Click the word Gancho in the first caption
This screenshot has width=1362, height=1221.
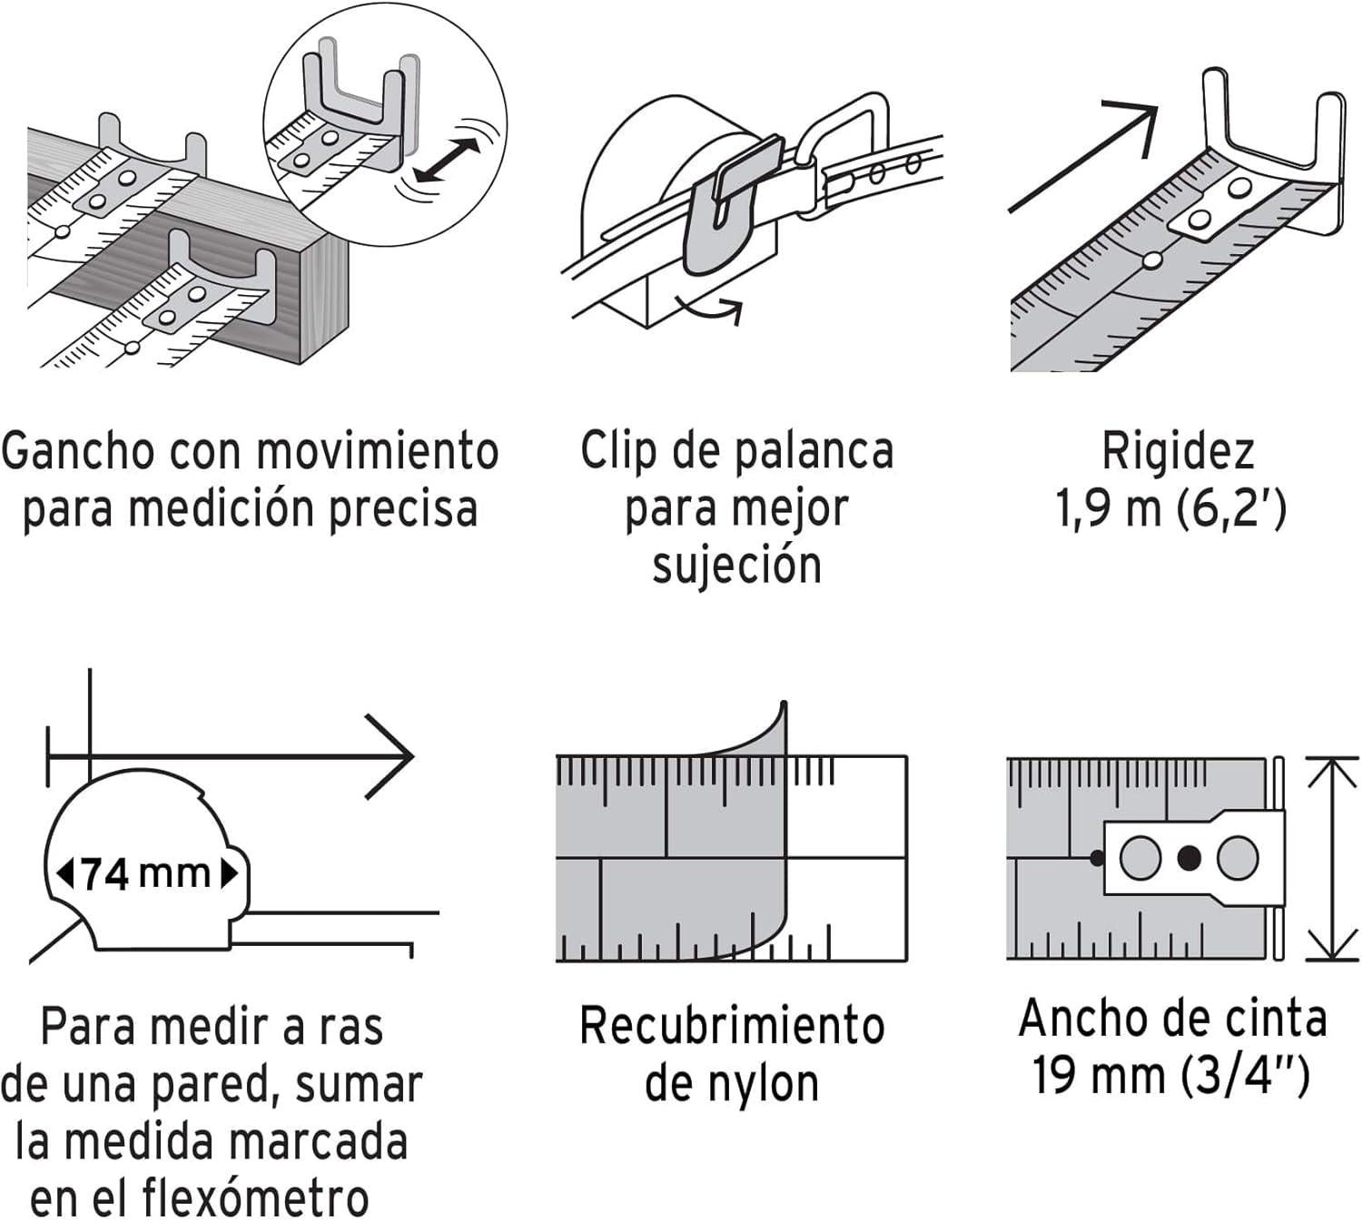click(77, 451)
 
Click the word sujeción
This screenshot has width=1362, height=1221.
click(737, 565)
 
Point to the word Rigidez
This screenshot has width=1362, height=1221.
click(1178, 451)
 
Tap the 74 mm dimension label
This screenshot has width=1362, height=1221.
click(146, 874)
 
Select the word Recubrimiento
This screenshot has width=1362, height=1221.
click(732, 1026)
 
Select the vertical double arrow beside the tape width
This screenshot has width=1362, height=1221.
click(1331, 858)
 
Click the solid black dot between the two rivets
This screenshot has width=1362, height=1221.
click(1189, 858)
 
